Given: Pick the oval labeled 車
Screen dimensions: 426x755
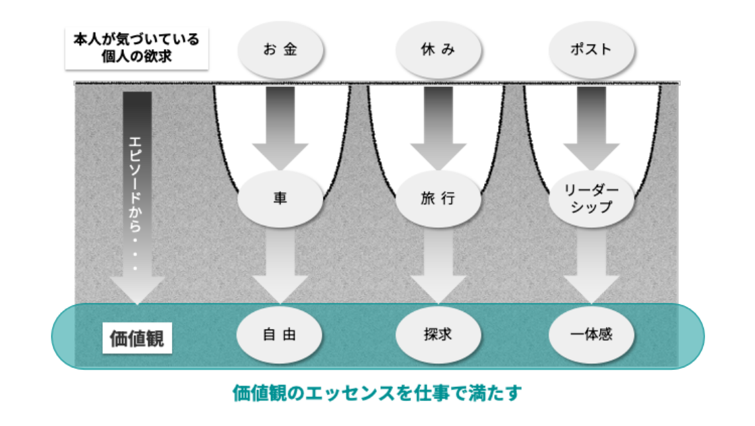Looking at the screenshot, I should pos(280,199).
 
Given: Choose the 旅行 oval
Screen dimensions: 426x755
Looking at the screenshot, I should pos(438,199).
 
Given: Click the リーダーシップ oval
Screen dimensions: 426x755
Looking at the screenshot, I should pos(591,199).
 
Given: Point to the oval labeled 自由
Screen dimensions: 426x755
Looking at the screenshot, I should pos(280,334).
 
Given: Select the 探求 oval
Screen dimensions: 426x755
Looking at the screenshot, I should pos(438,334).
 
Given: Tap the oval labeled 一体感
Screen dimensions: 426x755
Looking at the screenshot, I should pos(591,334).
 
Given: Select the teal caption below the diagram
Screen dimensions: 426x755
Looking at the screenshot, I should pos(377,392).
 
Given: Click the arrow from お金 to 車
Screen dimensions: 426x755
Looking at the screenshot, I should pos(280,128).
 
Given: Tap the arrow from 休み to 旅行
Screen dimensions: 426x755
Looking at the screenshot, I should pos(438,128).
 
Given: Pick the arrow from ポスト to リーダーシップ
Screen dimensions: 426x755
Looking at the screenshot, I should pos(591,128).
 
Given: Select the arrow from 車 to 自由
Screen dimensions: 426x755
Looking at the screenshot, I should pos(280,266).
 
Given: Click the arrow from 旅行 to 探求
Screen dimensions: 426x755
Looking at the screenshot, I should pos(438,266).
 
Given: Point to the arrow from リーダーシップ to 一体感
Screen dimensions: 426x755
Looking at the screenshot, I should pos(591,266).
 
